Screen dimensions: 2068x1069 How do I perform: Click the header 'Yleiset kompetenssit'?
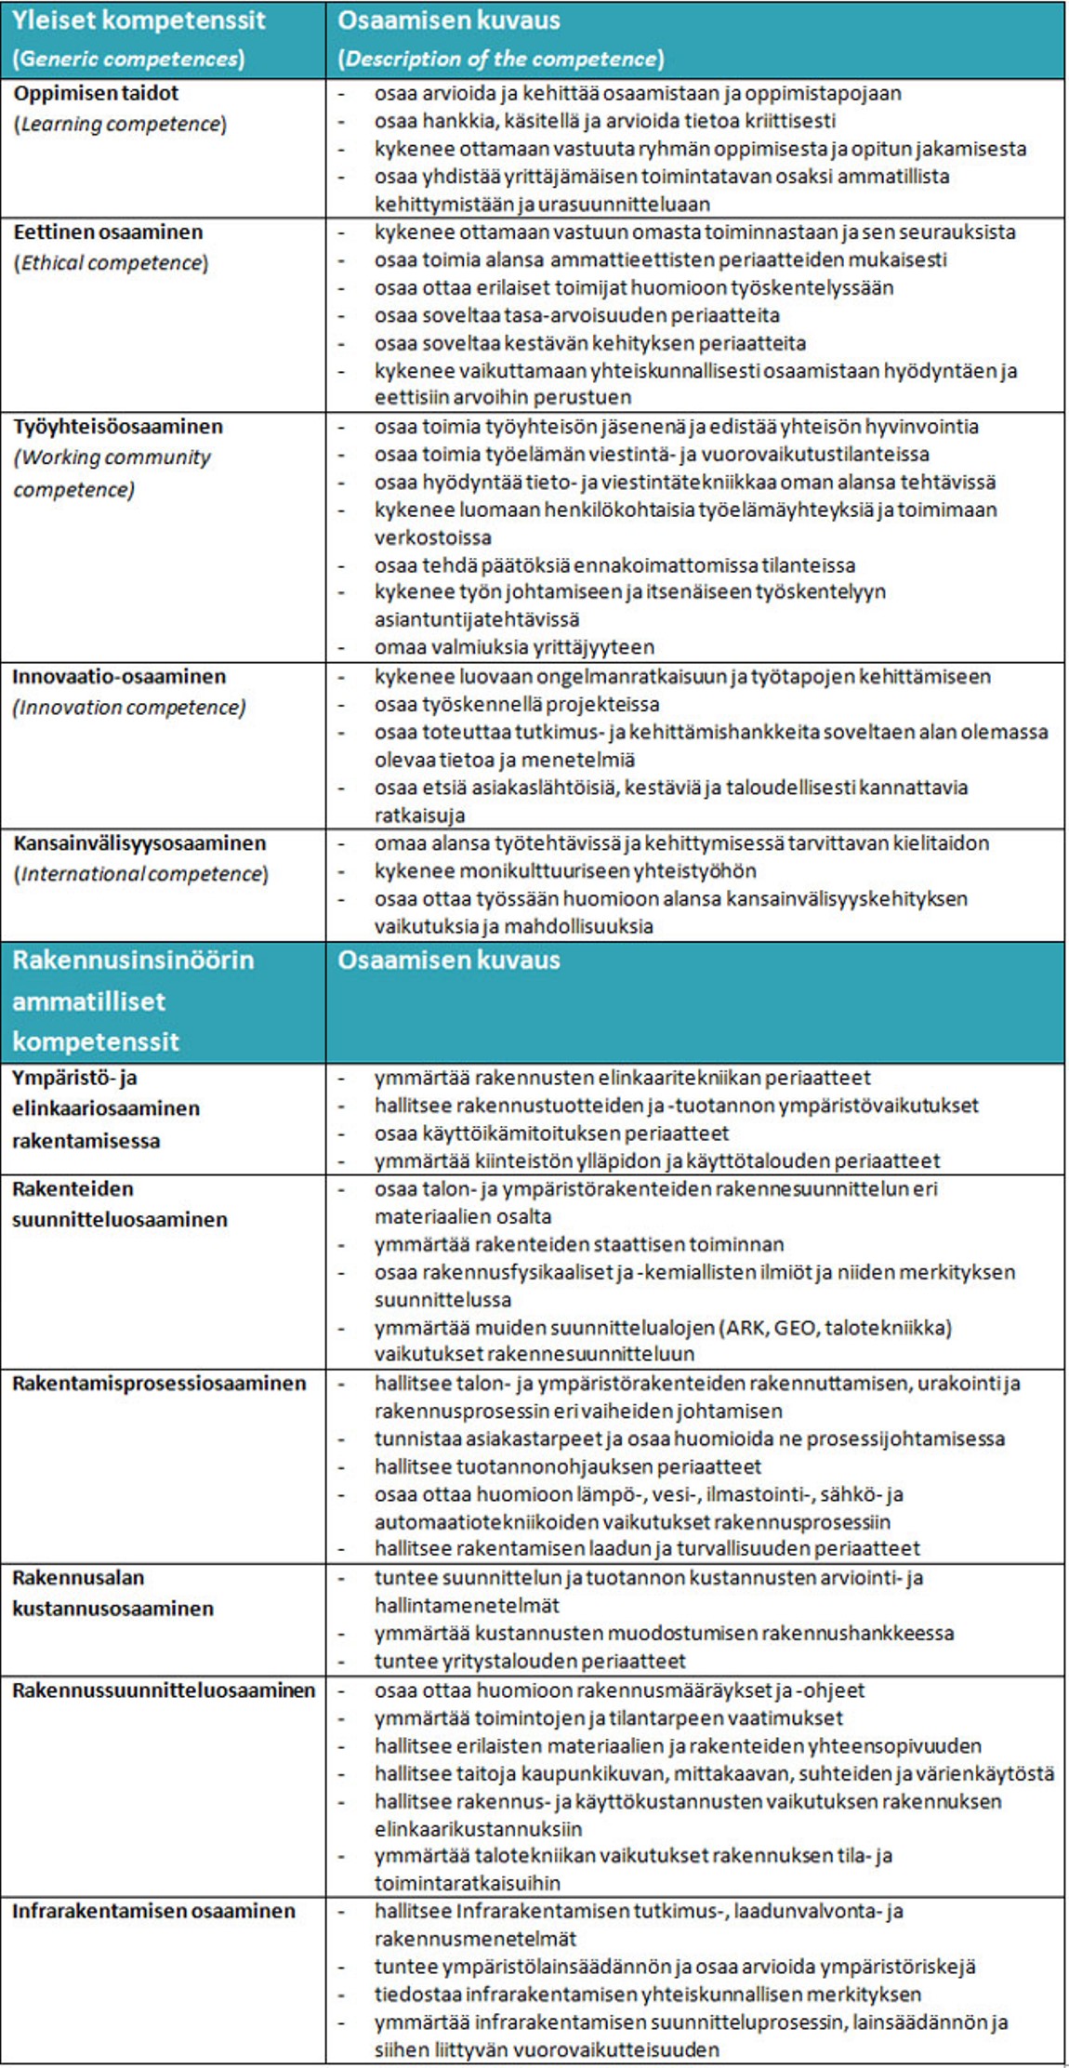click(139, 20)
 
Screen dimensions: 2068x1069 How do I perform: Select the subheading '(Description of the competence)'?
click(500, 59)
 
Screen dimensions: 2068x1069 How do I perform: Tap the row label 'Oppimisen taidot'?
click(96, 93)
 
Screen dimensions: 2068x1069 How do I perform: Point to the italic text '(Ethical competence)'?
click(111, 262)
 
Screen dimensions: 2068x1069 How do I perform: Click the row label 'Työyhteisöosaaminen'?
click(118, 426)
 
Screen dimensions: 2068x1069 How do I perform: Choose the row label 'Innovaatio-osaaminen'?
click(119, 676)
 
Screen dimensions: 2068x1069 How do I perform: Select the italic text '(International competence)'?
click(140, 873)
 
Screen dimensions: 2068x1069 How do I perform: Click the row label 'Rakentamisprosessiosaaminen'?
click(159, 1383)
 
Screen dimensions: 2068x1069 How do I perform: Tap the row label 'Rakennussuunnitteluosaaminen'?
click(164, 1690)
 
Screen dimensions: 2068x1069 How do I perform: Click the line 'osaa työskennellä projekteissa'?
click(517, 704)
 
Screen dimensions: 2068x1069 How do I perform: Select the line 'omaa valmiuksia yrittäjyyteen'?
click(514, 646)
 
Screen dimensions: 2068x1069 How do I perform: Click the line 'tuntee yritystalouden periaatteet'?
click(530, 1660)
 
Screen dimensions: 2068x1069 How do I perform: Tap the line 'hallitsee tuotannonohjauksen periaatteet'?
click(567, 1466)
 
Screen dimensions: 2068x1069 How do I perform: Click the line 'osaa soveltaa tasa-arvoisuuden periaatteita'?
click(576, 315)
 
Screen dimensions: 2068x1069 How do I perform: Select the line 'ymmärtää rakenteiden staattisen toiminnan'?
click(579, 1244)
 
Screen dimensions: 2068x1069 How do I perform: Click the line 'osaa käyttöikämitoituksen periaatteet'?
click(551, 1133)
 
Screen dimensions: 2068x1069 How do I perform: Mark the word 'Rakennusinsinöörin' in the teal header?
click(133, 960)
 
